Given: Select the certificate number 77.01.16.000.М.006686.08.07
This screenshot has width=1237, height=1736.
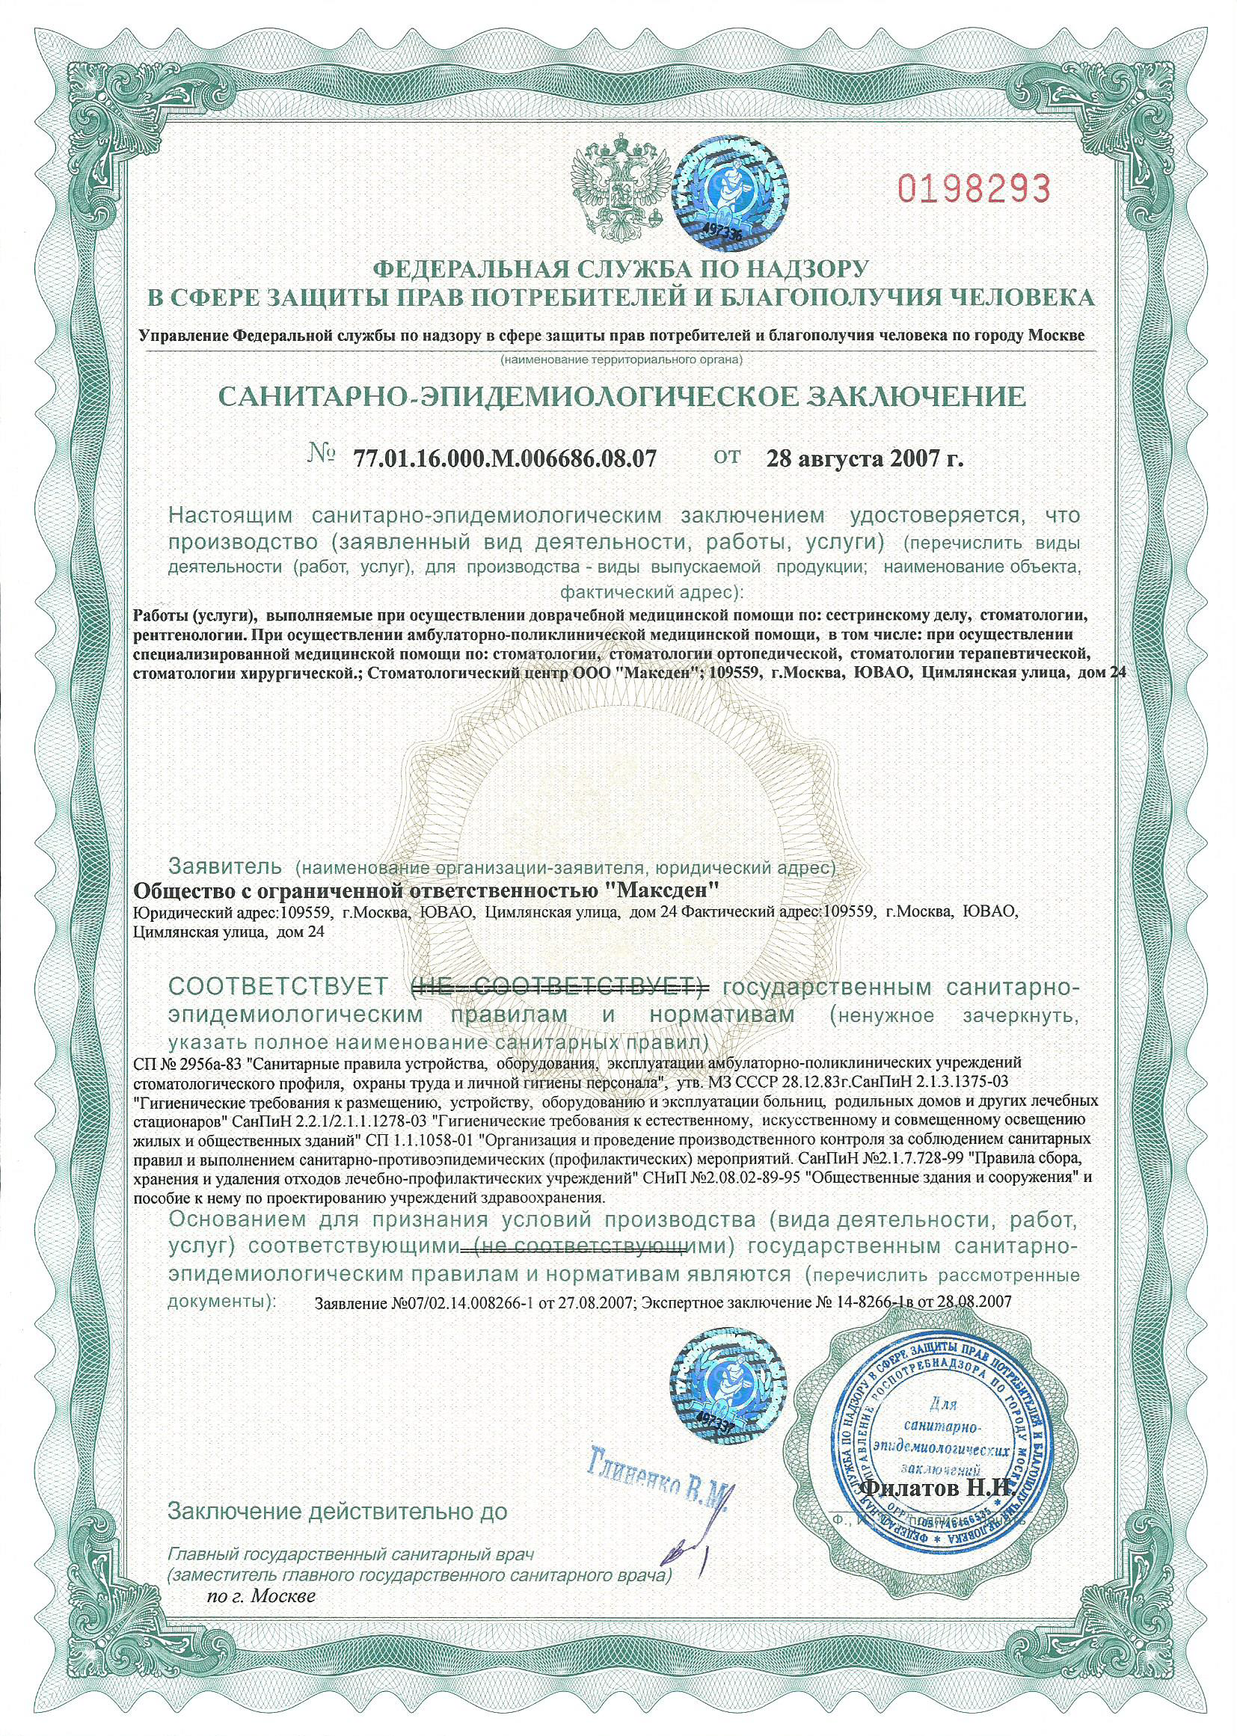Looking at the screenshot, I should pyautogui.click(x=505, y=459).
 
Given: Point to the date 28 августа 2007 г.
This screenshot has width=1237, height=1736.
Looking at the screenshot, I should pyautogui.click(x=863, y=459).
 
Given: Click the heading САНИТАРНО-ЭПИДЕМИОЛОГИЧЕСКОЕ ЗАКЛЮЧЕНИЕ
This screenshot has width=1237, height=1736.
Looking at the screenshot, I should pyautogui.click(x=622, y=396).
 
